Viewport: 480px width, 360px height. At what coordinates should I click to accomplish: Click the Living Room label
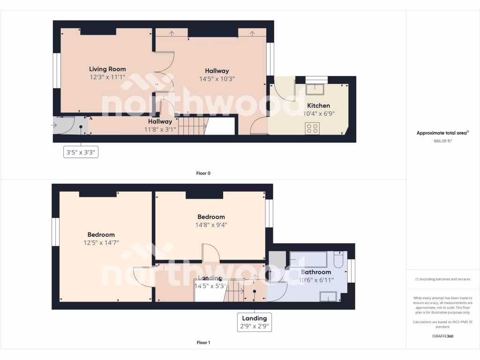(x=107, y=69)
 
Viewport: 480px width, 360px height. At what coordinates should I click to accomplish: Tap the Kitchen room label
(x=318, y=105)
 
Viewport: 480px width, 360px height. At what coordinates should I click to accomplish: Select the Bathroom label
(x=316, y=272)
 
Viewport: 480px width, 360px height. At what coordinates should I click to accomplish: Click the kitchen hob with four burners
(x=313, y=128)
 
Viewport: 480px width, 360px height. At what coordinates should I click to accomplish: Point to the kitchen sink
(x=315, y=89)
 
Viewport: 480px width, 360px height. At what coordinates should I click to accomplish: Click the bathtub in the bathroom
(x=308, y=259)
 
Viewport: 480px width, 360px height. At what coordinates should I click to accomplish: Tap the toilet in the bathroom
(x=338, y=259)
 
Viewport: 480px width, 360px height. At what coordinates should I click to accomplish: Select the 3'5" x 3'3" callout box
(x=81, y=152)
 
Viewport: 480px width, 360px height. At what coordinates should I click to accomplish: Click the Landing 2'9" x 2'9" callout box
(x=255, y=322)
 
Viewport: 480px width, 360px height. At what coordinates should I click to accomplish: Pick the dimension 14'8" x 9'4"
(x=211, y=225)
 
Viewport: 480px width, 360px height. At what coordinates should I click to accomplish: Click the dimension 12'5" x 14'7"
(x=101, y=243)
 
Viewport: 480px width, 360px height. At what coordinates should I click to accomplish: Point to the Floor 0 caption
(x=203, y=173)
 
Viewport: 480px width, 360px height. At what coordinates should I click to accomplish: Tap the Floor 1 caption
(x=203, y=343)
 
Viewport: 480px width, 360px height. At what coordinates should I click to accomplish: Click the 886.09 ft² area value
(x=443, y=141)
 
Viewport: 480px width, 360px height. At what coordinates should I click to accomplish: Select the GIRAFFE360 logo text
(x=443, y=336)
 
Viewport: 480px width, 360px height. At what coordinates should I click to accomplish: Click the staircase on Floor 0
(x=192, y=126)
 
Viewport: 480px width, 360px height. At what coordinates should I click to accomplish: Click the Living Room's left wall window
(x=56, y=71)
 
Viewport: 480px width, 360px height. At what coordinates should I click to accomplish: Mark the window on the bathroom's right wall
(x=352, y=271)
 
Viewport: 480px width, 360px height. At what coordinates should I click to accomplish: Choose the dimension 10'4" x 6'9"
(x=318, y=113)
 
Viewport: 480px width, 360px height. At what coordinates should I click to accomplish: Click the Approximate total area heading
(x=443, y=133)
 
